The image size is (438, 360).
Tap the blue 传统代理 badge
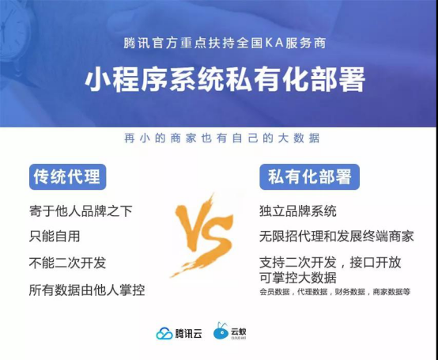click(68, 177)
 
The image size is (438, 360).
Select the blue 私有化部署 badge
click(309, 177)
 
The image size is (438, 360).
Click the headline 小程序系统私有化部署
click(225, 79)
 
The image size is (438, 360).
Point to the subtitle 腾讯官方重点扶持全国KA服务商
click(225, 44)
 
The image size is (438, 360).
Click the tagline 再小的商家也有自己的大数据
click(222, 138)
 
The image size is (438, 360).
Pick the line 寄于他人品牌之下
click(81, 210)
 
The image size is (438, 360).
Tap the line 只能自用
click(55, 237)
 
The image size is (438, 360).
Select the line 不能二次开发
click(68, 263)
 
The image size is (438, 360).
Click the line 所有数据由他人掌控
click(87, 290)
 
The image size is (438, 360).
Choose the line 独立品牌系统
click(298, 210)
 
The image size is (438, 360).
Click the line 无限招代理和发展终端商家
click(337, 237)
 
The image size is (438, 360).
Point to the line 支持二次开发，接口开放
click(330, 263)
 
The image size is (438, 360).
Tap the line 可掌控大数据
click(298, 277)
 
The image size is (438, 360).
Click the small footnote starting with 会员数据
click(335, 292)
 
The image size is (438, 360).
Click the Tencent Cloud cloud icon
click(164, 333)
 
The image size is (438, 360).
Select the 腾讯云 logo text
click(188, 334)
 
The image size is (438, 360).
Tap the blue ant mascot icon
click(221, 331)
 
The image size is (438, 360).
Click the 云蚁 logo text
click(238, 332)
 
